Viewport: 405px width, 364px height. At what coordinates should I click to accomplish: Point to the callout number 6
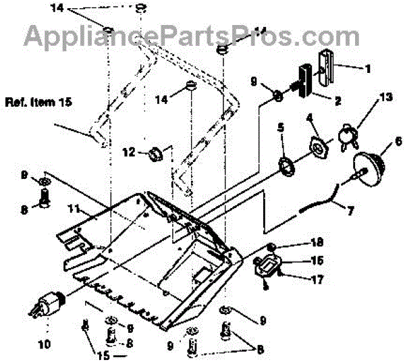tap(398, 142)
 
